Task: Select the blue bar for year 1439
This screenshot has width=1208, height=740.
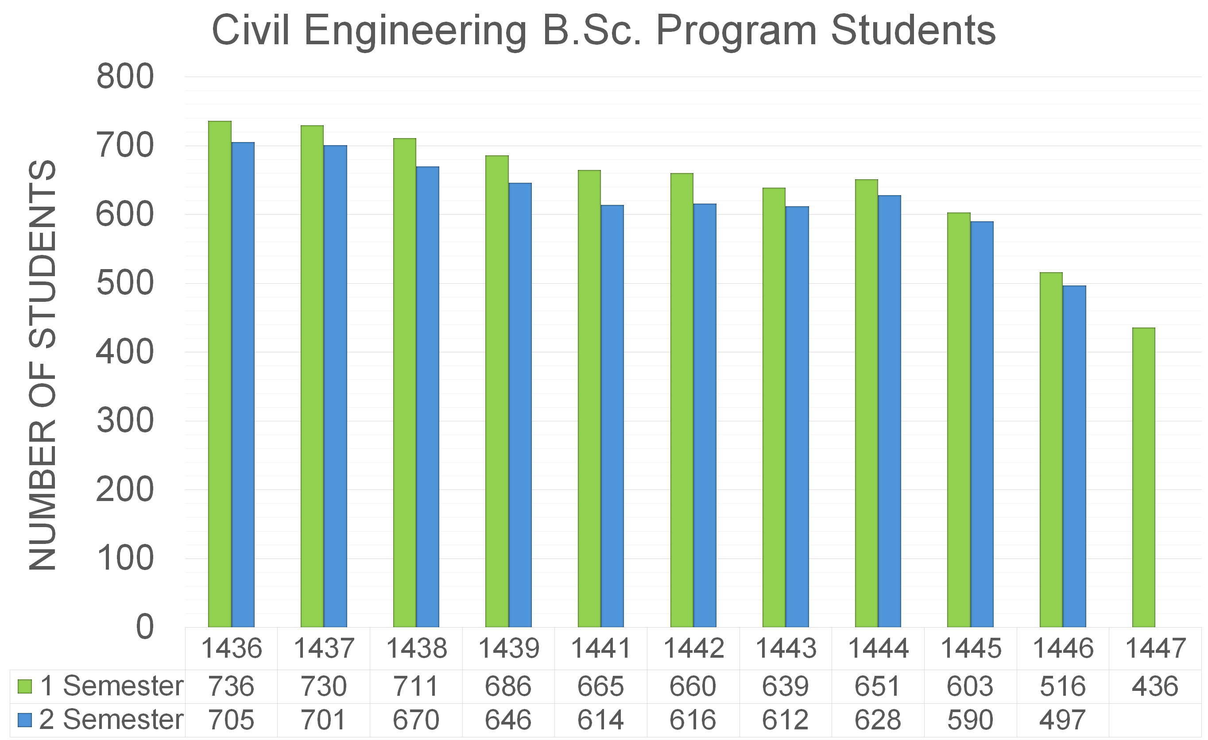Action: coord(520,405)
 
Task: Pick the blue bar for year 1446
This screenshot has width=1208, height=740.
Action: coord(1074,456)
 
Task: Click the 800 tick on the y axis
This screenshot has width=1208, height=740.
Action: coord(125,77)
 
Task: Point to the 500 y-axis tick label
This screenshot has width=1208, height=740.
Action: coord(125,283)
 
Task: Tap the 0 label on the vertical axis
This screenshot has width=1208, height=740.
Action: coord(145,627)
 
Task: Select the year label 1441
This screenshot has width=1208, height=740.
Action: coord(600,648)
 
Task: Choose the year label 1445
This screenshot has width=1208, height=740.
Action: coord(970,648)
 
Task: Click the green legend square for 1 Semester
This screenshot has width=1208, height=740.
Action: coord(24,686)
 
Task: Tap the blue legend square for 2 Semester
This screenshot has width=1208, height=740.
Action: coord(24,720)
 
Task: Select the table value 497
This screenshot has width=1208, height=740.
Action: coord(1062,720)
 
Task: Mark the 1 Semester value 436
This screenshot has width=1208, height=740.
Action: coord(1154,686)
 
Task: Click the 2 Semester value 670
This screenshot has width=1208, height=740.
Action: coord(416,720)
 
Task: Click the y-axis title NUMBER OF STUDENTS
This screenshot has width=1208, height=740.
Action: coord(43,365)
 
